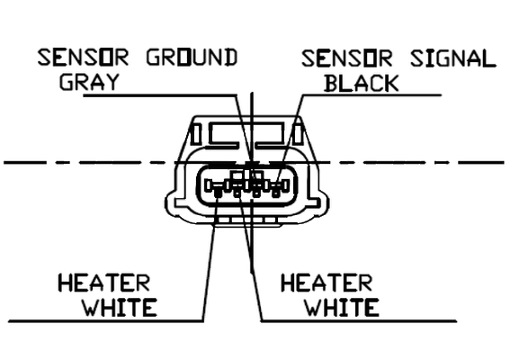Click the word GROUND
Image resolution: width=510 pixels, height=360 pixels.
tap(192, 58)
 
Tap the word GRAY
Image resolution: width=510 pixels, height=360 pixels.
tap(88, 82)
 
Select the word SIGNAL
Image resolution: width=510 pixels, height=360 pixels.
tap(453, 58)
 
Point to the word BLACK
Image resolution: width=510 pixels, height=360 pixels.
tap(362, 83)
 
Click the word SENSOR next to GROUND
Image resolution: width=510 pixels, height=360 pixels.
tap(83, 58)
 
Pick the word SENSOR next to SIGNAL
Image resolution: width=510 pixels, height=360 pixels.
tap(347, 58)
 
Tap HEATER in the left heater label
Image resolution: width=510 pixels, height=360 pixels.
tap(103, 283)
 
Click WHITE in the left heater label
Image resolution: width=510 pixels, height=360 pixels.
tap(120, 307)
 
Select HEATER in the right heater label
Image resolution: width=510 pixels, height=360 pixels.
tap(327, 283)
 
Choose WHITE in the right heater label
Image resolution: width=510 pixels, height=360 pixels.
tap(342, 307)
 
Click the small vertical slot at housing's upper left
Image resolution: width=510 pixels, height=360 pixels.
tap(196, 134)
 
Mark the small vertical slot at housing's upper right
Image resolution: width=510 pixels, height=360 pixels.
tap(298, 134)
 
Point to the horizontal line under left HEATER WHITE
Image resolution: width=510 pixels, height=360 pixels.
tap(106, 321)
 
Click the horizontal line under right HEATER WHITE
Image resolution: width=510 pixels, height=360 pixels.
tap(359, 321)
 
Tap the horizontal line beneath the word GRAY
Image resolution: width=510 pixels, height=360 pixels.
tap(160, 95)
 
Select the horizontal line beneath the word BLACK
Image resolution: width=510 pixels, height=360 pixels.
tap(371, 95)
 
